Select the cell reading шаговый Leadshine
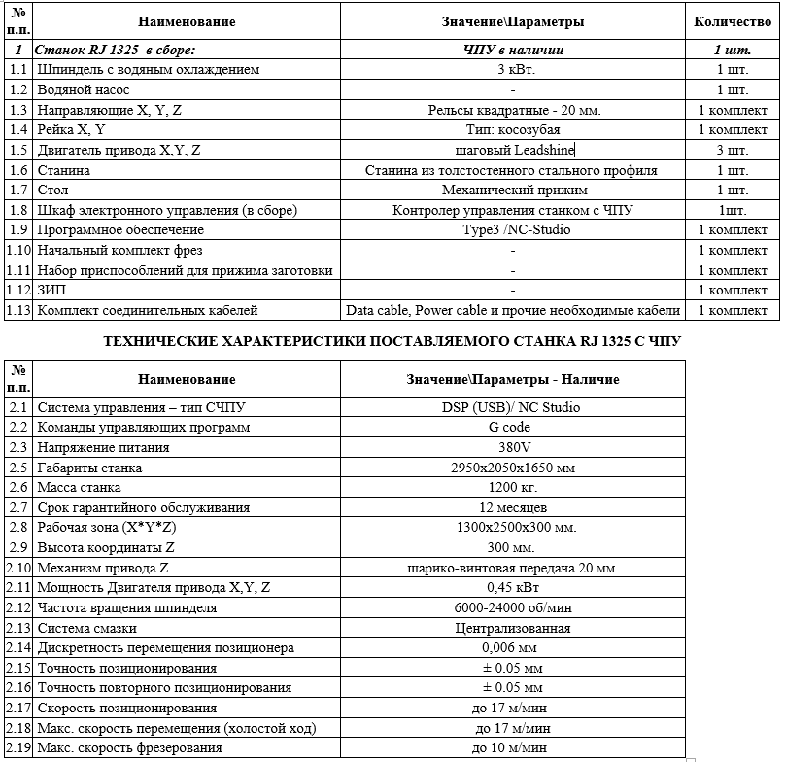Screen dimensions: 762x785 click(x=515, y=150)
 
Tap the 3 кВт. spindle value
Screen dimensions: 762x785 click(x=515, y=69)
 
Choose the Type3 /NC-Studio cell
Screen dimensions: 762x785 click(x=515, y=230)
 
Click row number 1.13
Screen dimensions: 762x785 click(x=17, y=311)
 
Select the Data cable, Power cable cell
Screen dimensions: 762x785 click(x=514, y=311)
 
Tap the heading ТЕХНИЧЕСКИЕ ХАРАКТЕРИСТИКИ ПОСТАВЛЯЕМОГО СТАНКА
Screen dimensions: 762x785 click(x=392, y=341)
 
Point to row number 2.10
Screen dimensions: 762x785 click(x=17, y=568)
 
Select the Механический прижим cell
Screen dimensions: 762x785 click(x=515, y=190)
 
